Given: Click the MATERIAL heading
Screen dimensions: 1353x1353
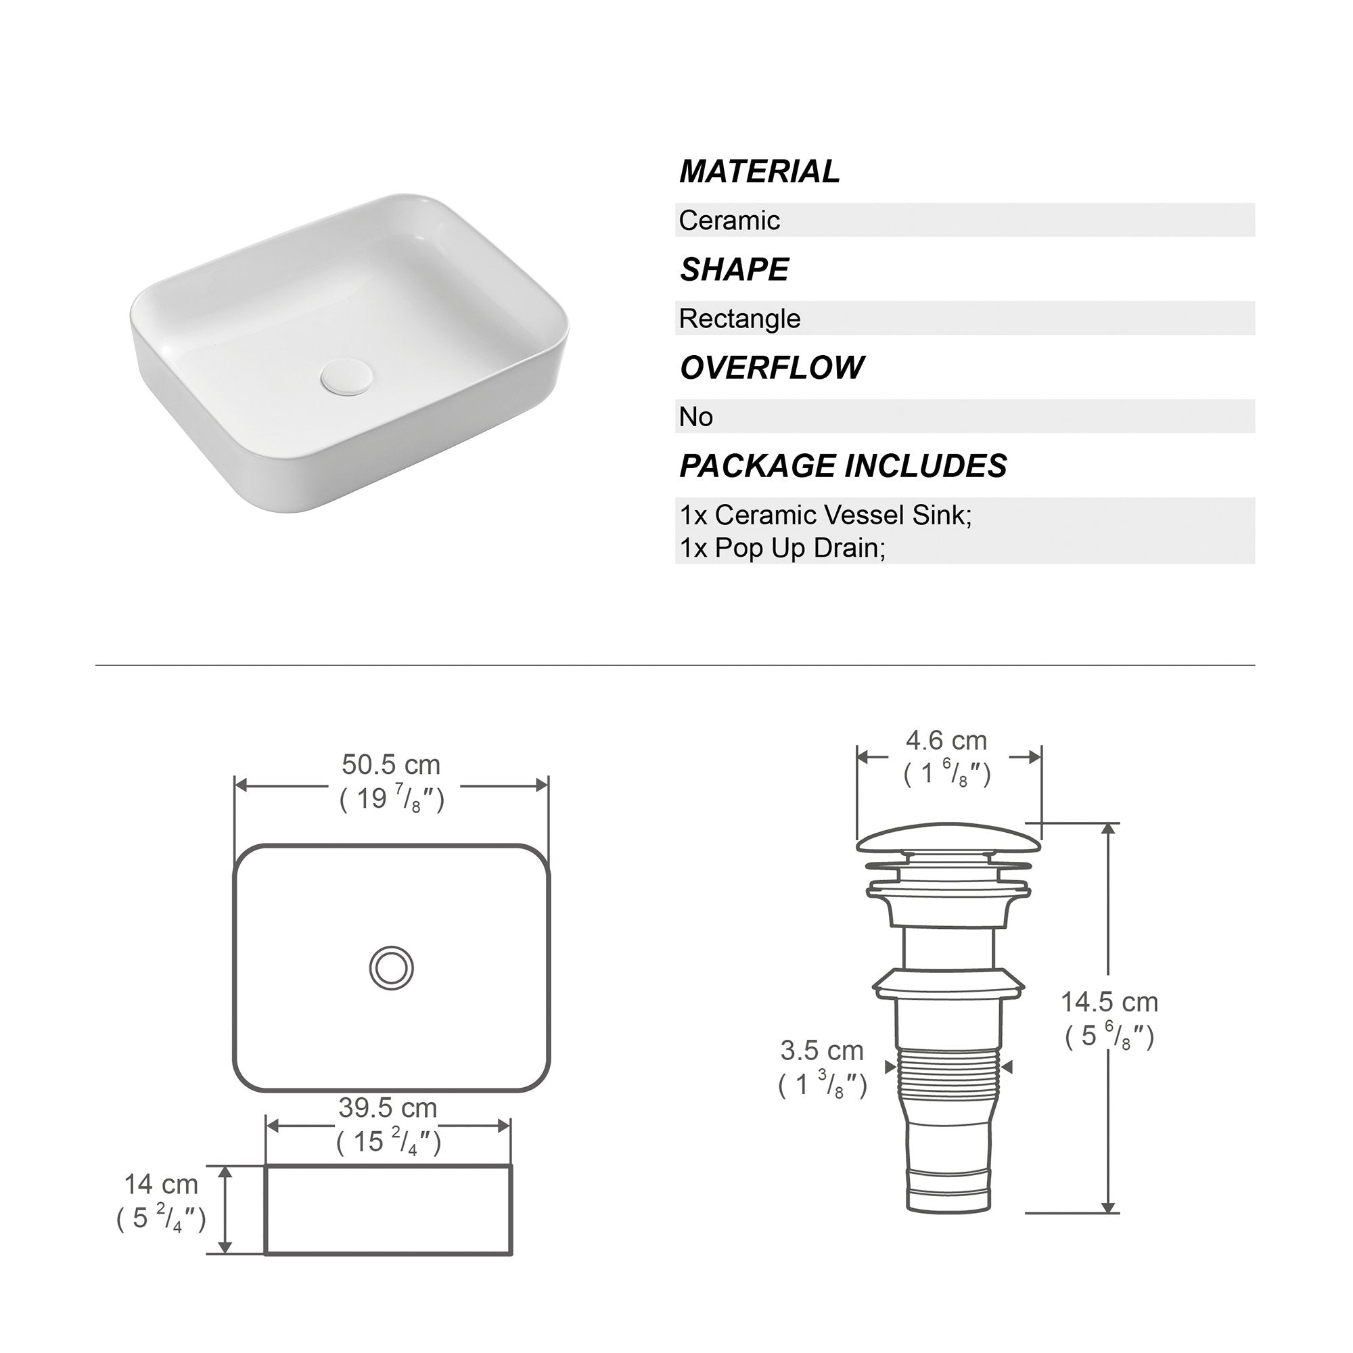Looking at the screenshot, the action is (759, 172).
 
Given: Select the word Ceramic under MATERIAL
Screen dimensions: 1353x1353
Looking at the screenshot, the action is (729, 221).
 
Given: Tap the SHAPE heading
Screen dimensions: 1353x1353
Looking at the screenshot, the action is (734, 270).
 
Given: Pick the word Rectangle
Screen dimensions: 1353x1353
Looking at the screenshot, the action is (739, 319).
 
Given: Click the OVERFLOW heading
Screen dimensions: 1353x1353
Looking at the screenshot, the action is (772, 367).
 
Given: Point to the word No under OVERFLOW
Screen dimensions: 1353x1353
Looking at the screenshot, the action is (696, 417).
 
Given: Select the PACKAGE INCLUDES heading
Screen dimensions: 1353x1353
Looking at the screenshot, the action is (843, 465).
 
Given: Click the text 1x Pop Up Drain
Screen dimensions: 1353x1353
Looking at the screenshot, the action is (782, 548).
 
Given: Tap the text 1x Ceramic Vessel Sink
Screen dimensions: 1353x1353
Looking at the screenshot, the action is (825, 515).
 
